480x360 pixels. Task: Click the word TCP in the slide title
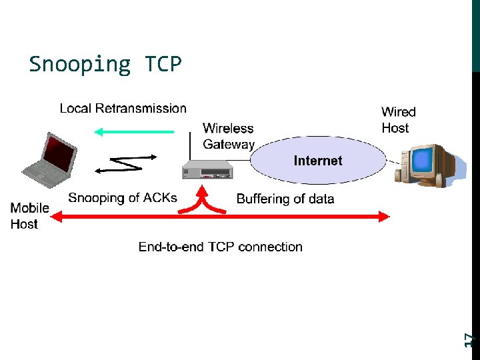click(x=163, y=64)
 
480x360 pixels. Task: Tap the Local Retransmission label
click(x=123, y=108)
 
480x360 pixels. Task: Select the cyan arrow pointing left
click(x=133, y=132)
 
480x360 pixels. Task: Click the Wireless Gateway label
click(x=229, y=136)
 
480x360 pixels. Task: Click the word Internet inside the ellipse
click(x=318, y=161)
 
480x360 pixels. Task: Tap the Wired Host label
click(x=398, y=120)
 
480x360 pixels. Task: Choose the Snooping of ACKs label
click(x=123, y=197)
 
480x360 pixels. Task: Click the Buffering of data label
click(x=285, y=199)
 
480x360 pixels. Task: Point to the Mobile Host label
click(x=29, y=216)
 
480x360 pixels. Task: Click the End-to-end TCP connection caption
click(x=220, y=247)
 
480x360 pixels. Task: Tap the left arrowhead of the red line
click(x=57, y=216)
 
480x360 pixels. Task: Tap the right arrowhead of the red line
click(x=383, y=216)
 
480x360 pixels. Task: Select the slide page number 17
click(x=469, y=339)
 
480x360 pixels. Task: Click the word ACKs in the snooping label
click(x=161, y=197)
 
